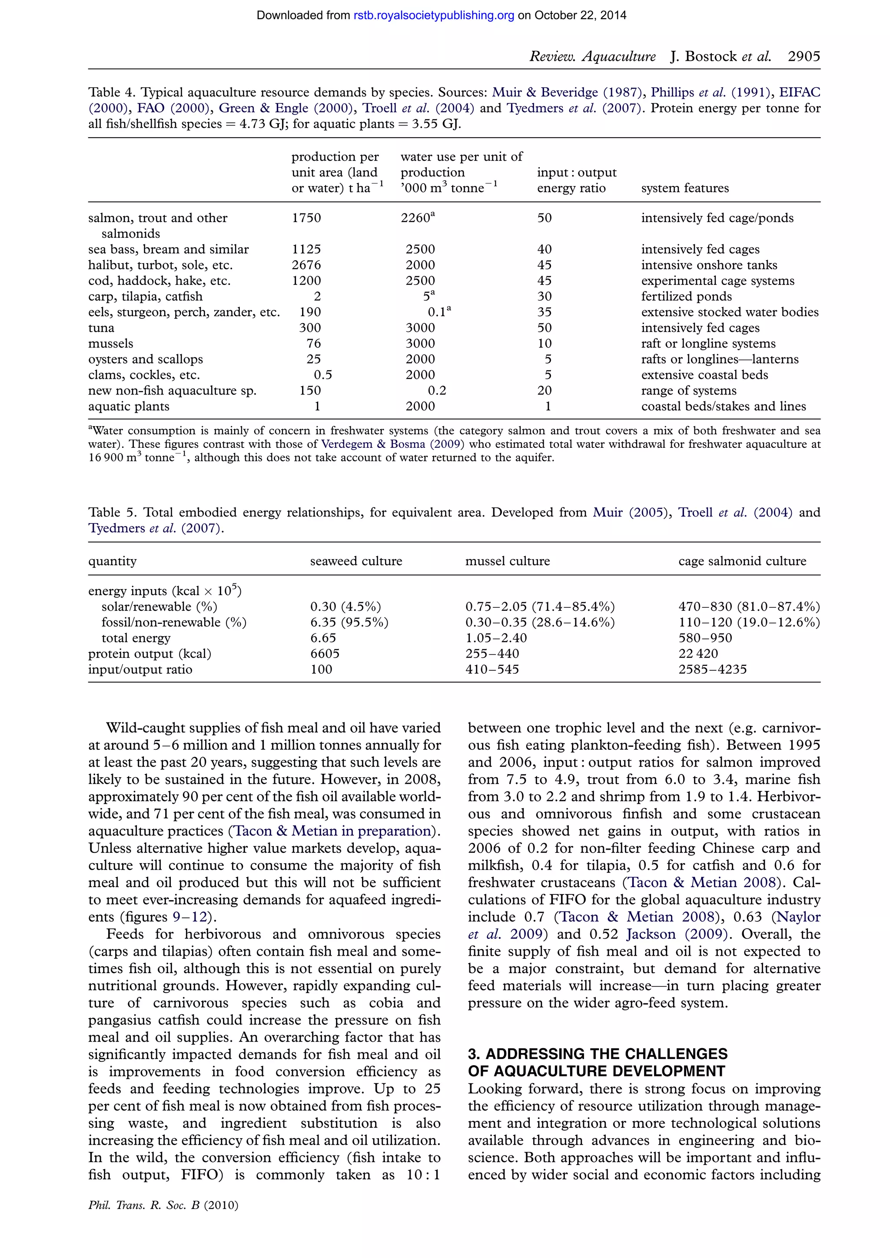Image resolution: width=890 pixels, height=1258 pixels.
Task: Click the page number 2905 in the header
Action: [804, 56]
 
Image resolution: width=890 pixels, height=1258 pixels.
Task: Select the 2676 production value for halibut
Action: [306, 265]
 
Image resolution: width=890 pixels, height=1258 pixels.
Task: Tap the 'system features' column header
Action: [684, 189]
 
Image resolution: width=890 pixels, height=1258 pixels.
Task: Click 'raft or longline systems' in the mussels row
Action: [708, 344]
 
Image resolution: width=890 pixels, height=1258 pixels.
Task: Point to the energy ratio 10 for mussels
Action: [544, 344]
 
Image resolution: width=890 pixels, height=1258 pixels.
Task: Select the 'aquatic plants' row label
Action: [129, 407]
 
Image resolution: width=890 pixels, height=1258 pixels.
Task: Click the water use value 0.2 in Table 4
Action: [437, 391]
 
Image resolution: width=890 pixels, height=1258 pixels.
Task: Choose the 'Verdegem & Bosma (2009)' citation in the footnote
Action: [392, 444]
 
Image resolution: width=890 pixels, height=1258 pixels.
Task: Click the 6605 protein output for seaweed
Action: [325, 654]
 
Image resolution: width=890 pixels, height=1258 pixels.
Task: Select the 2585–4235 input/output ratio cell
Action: [712, 669]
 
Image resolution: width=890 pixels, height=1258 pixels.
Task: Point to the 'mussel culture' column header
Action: [507, 561]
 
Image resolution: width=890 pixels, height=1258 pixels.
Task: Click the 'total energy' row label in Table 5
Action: [136, 638]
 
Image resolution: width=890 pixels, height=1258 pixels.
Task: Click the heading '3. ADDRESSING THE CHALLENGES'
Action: [598, 1054]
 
